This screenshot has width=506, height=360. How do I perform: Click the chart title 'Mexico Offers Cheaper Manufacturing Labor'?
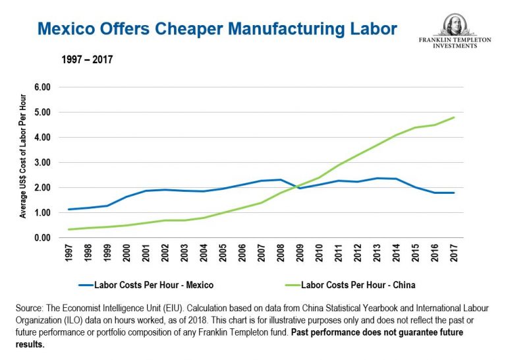coord(217,30)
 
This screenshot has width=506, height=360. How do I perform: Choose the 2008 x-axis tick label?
coord(281,255)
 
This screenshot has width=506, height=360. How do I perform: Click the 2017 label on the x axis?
coord(454,255)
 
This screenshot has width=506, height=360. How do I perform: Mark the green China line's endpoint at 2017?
coord(454,117)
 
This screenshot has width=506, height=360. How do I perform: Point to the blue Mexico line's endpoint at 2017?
coord(454,193)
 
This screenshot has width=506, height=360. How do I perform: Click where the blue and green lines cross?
coord(296,187)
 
